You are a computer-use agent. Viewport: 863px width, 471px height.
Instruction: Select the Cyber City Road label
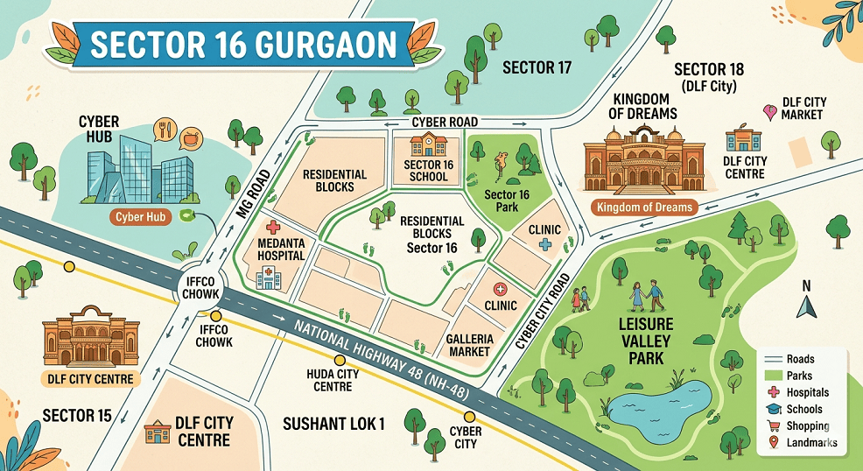(542, 311)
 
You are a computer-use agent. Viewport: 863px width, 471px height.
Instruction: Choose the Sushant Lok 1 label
(334, 424)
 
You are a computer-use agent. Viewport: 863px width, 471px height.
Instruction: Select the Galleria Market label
(469, 345)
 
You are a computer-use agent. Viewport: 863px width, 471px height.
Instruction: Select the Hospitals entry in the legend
(798, 392)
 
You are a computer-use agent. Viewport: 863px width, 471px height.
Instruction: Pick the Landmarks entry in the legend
(798, 442)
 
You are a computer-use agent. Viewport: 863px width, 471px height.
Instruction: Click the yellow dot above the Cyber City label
(469, 417)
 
